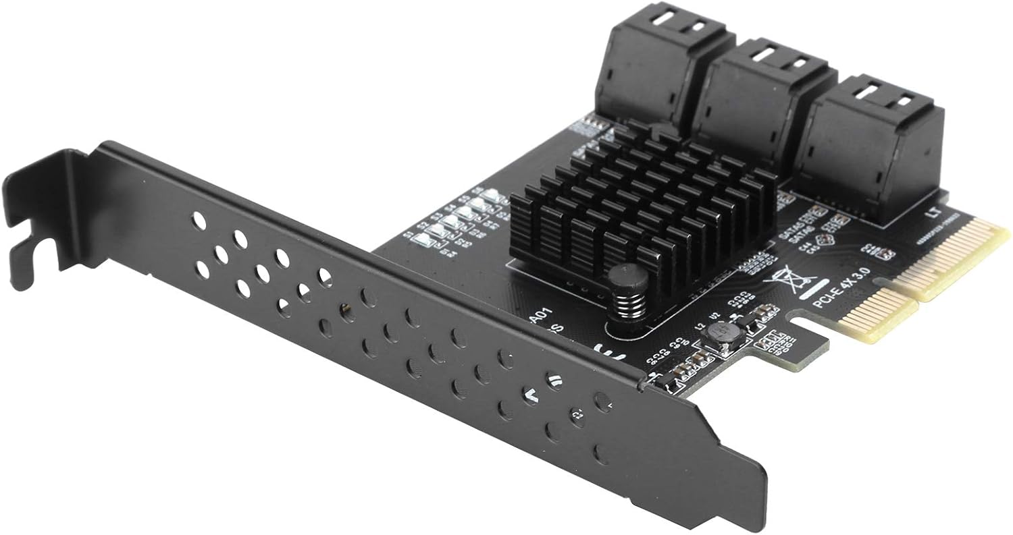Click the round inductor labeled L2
[718, 335]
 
